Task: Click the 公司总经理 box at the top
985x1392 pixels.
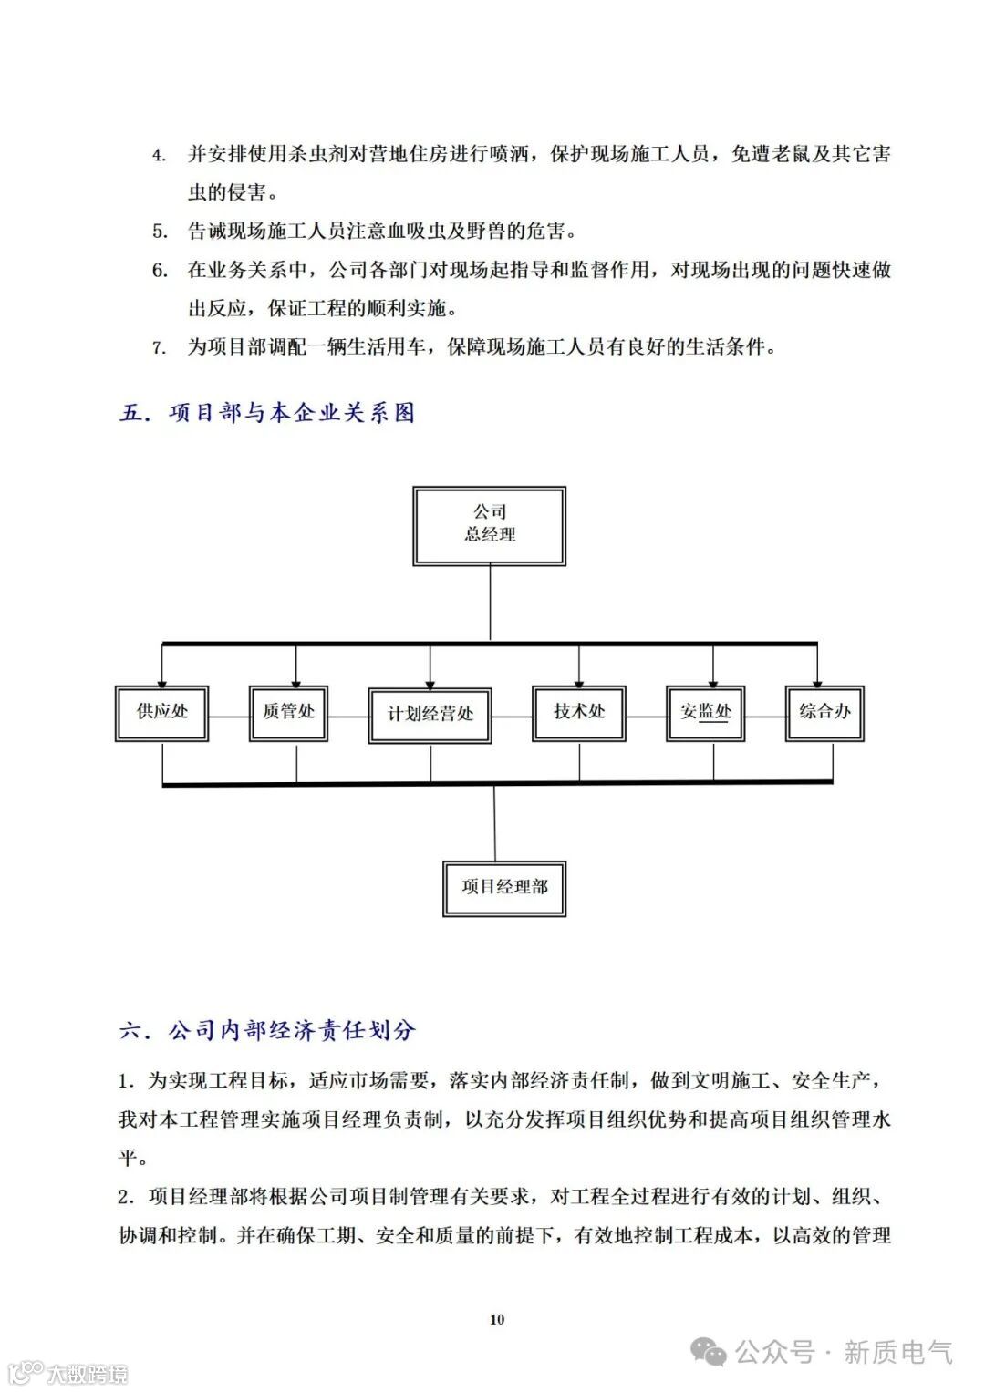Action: [490, 525]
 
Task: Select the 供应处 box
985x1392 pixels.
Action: [162, 713]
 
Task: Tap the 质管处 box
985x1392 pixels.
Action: [289, 713]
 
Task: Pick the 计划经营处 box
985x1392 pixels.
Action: [430, 716]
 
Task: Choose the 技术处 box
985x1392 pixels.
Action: [579, 713]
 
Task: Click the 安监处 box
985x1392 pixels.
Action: [706, 713]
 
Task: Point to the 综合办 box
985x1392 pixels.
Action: [824, 713]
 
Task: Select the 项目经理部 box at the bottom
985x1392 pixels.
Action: [504, 887]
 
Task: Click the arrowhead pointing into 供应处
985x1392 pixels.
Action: [162, 679]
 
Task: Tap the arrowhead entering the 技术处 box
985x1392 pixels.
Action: [579, 679]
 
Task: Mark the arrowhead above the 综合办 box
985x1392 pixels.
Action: [817, 679]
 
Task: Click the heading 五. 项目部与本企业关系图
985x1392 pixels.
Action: [268, 413]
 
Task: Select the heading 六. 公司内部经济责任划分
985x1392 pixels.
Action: [268, 1031]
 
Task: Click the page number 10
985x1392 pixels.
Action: [497, 1319]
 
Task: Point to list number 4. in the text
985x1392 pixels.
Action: [159, 155]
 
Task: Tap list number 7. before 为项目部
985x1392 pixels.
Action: [159, 347]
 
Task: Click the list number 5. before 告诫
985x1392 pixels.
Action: [159, 232]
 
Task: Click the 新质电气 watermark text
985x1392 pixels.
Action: [897, 1352]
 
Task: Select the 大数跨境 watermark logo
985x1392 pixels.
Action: [67, 1373]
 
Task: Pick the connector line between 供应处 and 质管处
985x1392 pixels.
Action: [229, 715]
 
